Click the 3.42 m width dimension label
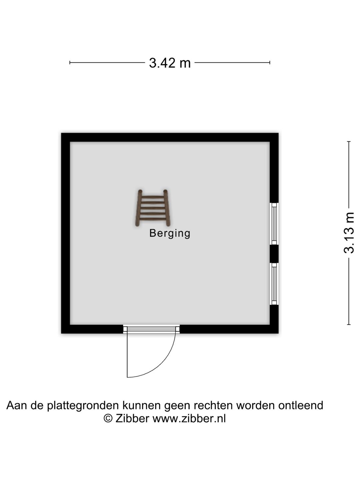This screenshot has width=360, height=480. coord(170,63)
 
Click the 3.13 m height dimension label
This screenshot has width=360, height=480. coord(349,233)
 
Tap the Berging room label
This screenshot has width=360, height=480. coord(170,234)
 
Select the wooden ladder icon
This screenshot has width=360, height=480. coord(153,208)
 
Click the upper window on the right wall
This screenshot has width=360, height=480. coord(274,223)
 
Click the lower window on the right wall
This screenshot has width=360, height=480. coord(274,284)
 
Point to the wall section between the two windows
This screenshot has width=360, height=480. coord(274,254)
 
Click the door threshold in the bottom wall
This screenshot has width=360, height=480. coord(151,329)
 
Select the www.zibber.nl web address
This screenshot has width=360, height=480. coord(189,419)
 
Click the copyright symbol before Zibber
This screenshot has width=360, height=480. coord(108,419)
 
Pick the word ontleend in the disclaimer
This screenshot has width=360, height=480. coord(301,405)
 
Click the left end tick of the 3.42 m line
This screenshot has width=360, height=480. coord(70,63)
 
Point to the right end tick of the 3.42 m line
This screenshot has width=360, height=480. coord(270,63)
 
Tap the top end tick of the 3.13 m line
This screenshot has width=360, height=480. coord(349,142)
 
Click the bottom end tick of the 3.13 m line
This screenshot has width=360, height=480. coord(349,325)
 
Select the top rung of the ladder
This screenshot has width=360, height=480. coord(153,197)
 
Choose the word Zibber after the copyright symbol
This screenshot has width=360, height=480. coord(132,419)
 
